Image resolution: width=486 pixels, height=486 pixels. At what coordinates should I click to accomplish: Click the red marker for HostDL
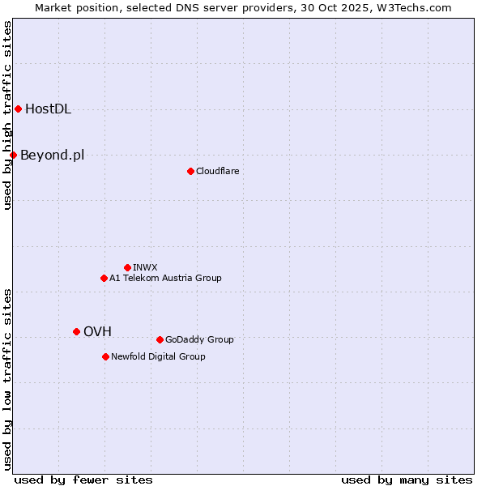point(18,109)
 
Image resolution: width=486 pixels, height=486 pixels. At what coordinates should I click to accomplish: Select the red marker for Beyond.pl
point(13,155)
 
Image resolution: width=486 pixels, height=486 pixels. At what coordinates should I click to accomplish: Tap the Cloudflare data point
point(190,171)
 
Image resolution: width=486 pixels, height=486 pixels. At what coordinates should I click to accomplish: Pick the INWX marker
point(127,267)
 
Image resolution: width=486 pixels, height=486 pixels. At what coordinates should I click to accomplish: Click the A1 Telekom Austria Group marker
point(104,278)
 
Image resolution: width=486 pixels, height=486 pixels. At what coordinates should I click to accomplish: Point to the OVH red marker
point(76,331)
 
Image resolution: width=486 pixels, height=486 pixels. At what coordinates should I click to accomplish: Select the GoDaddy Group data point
point(160,339)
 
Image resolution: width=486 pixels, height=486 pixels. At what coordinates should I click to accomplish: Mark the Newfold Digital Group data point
point(105,356)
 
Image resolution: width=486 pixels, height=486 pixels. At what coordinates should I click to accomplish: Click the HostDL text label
point(49,109)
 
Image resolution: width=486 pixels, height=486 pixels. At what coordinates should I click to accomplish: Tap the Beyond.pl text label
point(52,156)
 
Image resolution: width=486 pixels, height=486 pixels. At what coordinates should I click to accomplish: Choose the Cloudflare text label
point(217,171)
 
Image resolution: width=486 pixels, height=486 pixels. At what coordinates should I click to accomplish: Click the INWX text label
point(145,267)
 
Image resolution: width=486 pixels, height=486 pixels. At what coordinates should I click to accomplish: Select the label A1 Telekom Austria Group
point(165,278)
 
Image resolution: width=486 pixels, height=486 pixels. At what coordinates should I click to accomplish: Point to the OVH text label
point(97,331)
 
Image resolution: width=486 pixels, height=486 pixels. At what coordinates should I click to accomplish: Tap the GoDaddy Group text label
point(199,339)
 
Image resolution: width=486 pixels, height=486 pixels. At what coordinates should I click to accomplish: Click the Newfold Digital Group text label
point(158,356)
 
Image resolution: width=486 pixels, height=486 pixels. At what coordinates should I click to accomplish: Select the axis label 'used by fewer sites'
point(83,480)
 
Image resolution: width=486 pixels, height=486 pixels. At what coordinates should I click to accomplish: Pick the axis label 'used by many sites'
point(407,480)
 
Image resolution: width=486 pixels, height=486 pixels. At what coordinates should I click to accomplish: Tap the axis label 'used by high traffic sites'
point(8,115)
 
